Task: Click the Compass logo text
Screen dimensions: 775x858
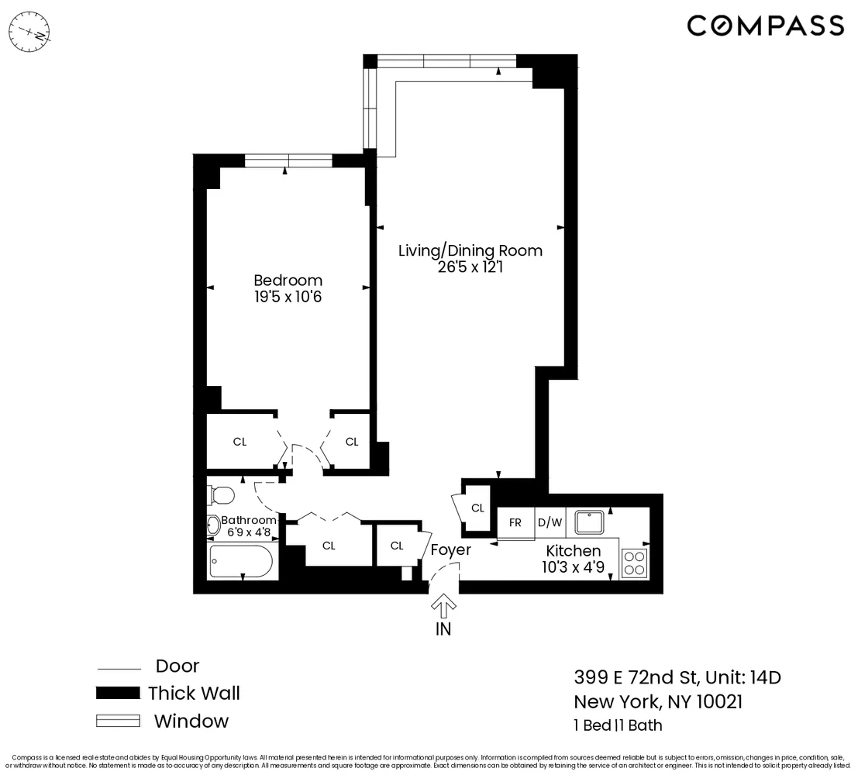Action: pos(765,26)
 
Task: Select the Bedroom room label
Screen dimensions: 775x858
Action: pos(288,280)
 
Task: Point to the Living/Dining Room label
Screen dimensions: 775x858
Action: pos(470,250)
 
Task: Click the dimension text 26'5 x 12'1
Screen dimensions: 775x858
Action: pos(470,267)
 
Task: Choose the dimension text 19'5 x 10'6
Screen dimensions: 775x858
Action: pos(288,296)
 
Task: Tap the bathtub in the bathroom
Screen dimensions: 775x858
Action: pos(240,561)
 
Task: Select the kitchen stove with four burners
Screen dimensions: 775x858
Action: pos(634,563)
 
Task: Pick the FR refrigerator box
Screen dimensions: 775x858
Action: pos(515,522)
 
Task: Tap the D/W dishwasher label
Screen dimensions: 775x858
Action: pos(550,522)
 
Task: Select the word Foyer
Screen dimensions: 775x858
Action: pos(450,550)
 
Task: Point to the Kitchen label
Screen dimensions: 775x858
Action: pos(573,550)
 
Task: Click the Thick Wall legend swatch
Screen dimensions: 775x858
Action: pos(117,693)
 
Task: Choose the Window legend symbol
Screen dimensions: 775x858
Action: pos(117,721)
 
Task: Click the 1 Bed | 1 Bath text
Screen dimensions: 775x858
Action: pos(618,726)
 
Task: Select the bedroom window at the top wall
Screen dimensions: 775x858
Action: pos(288,160)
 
